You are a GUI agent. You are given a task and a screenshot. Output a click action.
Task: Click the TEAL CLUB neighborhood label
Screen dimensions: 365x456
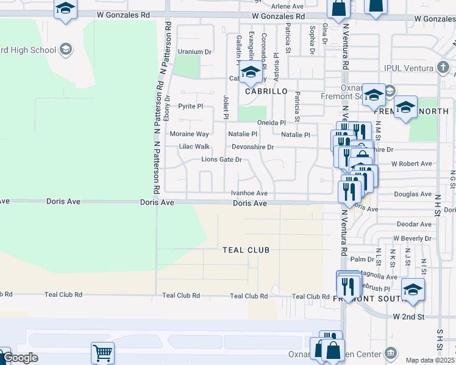(246, 250)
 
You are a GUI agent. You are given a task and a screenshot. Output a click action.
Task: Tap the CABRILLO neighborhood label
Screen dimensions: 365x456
(266, 91)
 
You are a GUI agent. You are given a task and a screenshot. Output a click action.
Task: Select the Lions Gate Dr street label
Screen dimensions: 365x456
(222, 160)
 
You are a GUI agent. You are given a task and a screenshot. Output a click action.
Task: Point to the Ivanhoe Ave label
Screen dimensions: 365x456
(249, 193)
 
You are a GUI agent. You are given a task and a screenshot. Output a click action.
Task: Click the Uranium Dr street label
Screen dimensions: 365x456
(194, 52)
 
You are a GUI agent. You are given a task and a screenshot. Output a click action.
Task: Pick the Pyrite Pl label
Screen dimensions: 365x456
(190, 106)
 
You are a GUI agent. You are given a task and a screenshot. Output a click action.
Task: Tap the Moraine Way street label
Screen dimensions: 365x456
(189, 134)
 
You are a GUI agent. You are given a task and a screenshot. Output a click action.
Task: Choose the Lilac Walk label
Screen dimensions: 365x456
(194, 147)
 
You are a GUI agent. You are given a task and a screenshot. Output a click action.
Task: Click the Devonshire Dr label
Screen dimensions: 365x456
(252, 147)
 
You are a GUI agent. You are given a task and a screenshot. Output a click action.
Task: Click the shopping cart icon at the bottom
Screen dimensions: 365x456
(102, 353)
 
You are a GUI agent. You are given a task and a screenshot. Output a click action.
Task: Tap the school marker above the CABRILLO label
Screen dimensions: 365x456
(249, 73)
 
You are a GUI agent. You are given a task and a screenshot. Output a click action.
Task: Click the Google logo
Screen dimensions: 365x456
(20, 358)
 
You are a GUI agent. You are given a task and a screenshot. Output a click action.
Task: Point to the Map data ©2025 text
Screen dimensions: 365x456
(430, 360)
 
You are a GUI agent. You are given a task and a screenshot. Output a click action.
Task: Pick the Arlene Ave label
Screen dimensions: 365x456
(287, 6)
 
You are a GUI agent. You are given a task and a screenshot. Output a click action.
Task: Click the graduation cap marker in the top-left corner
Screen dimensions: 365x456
(65, 9)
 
